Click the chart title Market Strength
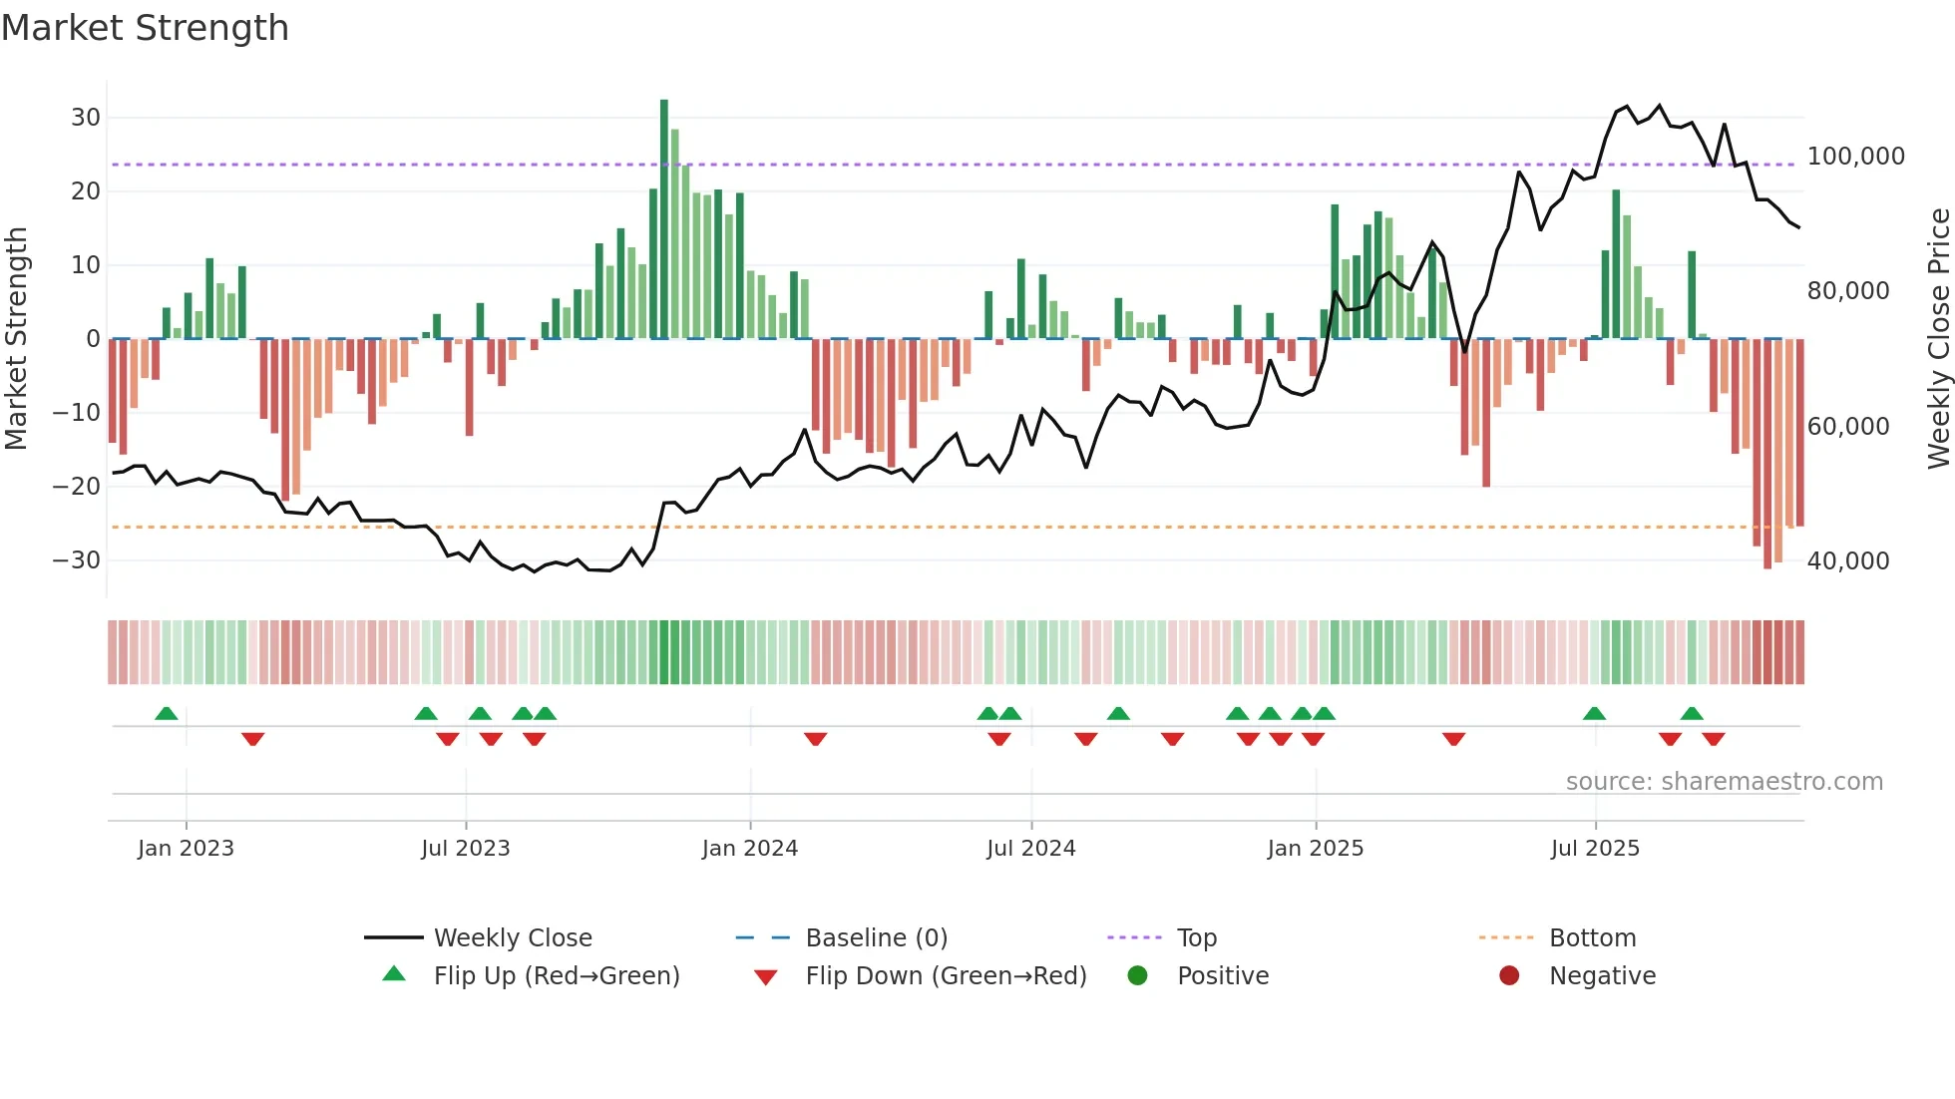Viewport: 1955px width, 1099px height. pos(146,28)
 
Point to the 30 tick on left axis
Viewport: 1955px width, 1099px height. pos(86,118)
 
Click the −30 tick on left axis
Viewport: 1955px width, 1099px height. pos(77,560)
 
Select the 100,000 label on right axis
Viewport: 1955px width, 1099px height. pos(1855,157)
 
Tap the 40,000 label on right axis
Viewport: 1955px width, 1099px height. pos(1847,561)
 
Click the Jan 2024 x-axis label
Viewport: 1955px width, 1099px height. pos(749,849)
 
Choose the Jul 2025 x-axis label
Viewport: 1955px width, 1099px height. pos(1594,849)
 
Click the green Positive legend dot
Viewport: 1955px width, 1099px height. pos(1137,975)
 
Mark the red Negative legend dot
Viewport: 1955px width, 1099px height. pos(1509,975)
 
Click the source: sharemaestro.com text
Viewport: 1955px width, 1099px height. pos(1724,782)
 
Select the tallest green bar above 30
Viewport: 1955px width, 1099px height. pos(664,219)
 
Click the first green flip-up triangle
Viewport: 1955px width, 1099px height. pos(167,714)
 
